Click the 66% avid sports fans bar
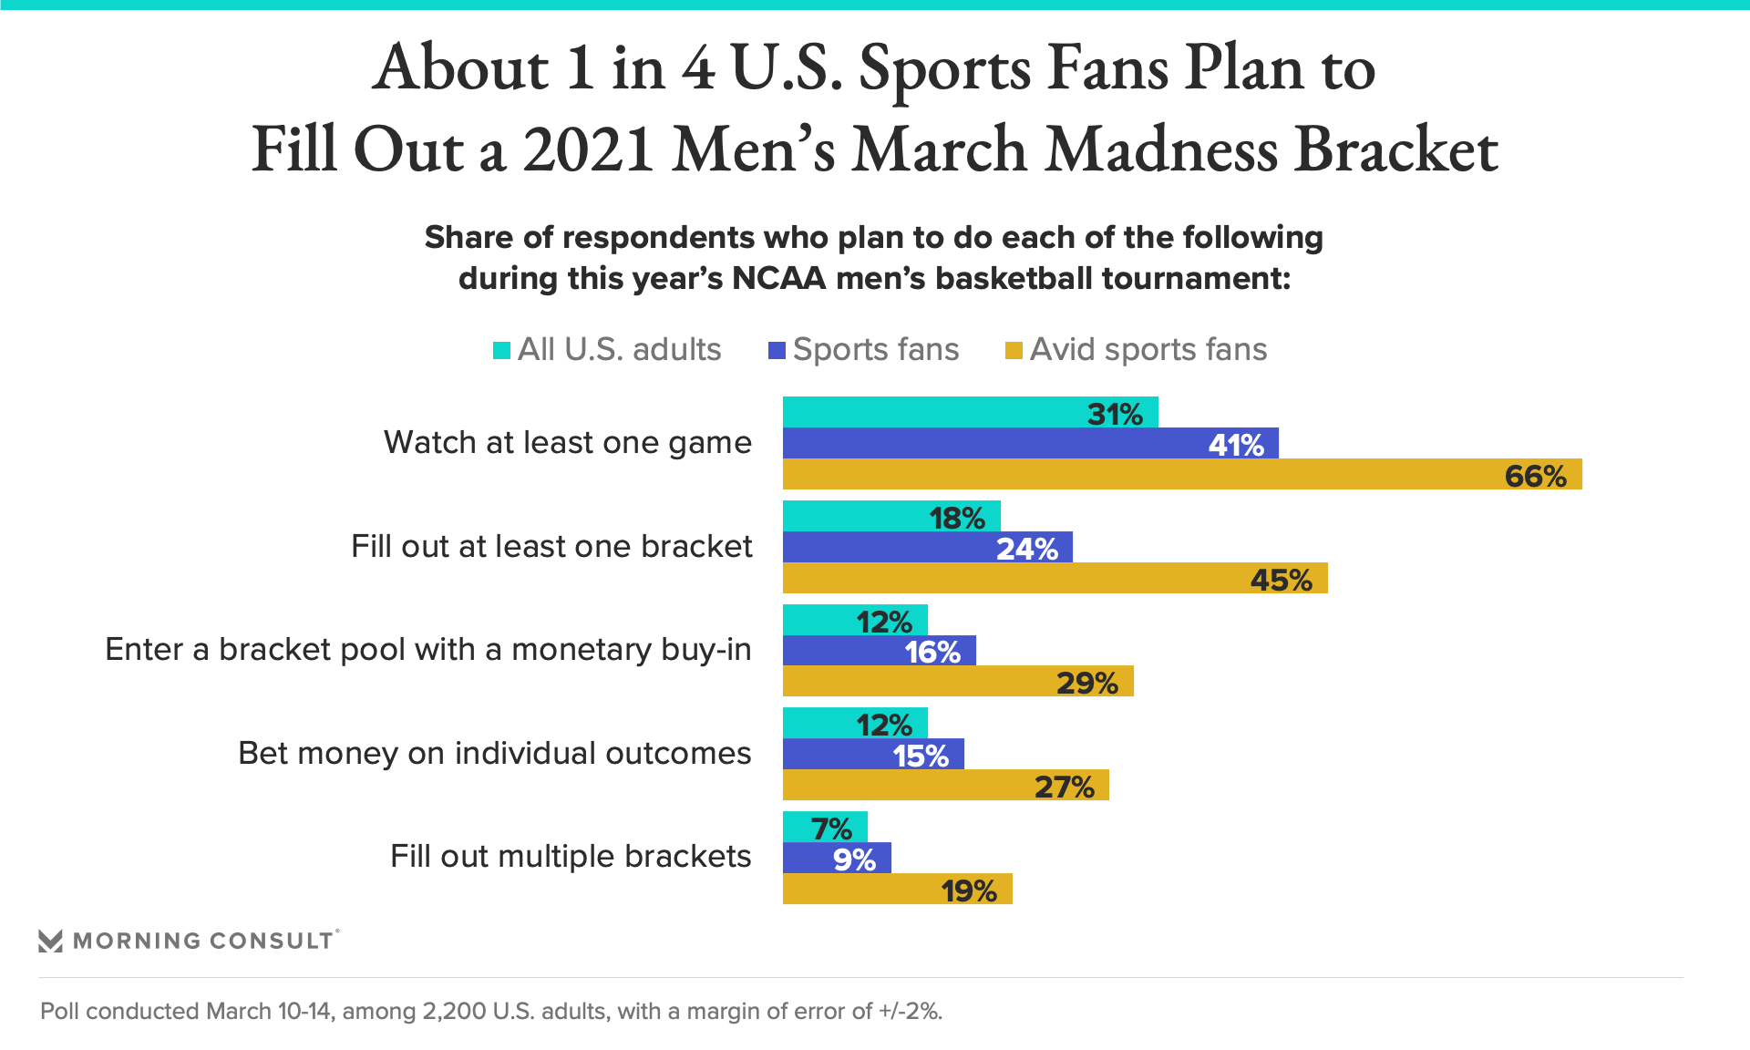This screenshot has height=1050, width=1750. (1181, 475)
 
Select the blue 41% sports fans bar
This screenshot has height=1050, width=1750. (1030, 444)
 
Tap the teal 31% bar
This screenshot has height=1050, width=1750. (970, 413)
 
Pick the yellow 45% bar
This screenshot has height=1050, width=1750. (1055, 579)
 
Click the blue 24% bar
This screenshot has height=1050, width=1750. (927, 548)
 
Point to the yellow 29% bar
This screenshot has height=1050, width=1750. (957, 682)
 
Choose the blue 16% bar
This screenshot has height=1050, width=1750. (879, 651)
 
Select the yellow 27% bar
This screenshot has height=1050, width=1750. (945, 786)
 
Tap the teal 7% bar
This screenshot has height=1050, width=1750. (825, 828)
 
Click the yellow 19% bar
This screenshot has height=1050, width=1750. (897, 890)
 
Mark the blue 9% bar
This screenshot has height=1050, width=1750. (837, 859)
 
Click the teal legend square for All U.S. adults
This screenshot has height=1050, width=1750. (501, 351)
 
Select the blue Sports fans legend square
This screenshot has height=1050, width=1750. (777, 351)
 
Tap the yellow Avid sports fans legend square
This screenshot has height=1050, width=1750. (1013, 351)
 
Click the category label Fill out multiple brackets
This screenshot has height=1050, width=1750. (571, 857)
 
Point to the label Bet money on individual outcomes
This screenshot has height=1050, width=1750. (494, 754)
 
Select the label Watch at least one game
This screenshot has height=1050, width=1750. (567, 443)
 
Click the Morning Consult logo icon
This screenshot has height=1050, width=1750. (51, 941)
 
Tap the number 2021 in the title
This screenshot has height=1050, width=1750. (588, 149)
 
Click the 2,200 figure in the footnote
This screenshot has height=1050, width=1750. (453, 1012)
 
